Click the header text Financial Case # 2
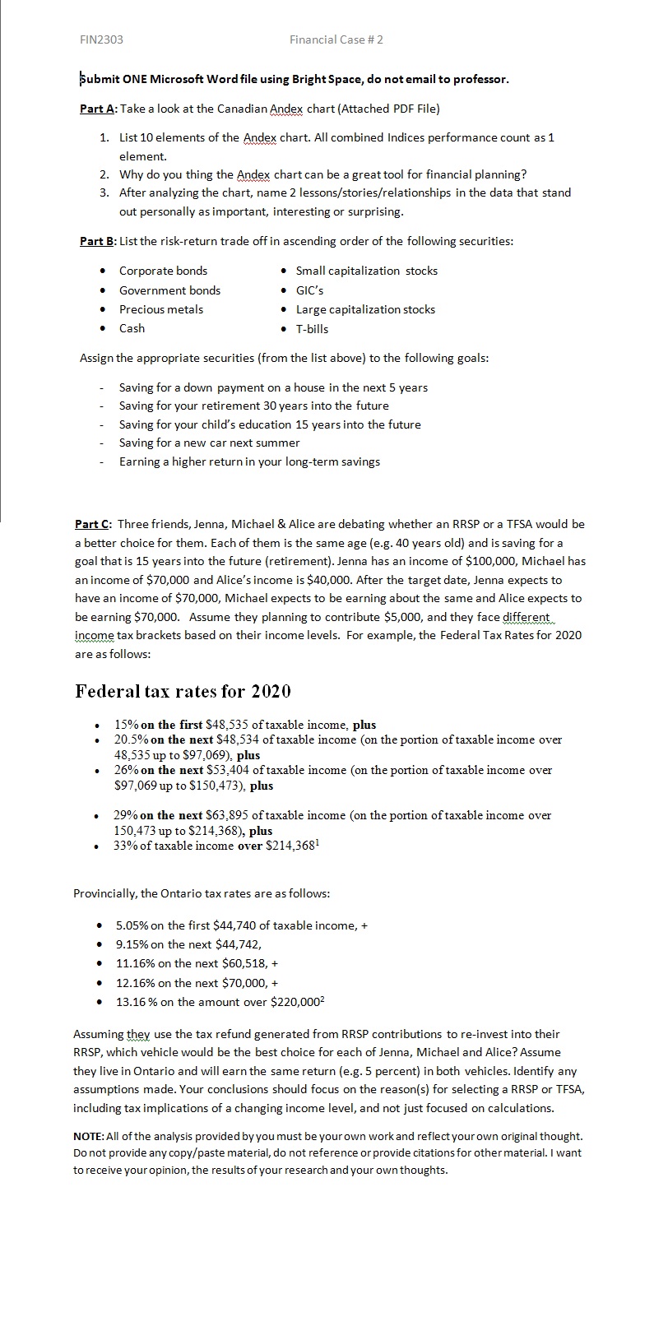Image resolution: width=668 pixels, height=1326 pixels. pos(336,39)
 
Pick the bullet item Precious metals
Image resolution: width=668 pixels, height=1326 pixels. pos(161,309)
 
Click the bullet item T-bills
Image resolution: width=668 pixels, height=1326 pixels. pos(312,329)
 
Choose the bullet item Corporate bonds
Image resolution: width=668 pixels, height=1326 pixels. pos(163,271)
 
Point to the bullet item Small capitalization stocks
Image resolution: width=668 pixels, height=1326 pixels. pos(366,271)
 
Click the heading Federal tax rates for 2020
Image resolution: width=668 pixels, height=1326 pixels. pos(183,691)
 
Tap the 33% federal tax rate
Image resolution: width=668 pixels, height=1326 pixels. pos(125,846)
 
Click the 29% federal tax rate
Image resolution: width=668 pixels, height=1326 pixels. pos(125,815)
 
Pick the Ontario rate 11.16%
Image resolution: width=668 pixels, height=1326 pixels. pos(134,963)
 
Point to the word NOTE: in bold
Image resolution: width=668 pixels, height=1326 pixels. pos(90,1136)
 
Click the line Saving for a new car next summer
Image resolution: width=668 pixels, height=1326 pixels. pos(209,443)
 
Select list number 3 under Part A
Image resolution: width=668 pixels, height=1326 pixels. pos(104,192)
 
